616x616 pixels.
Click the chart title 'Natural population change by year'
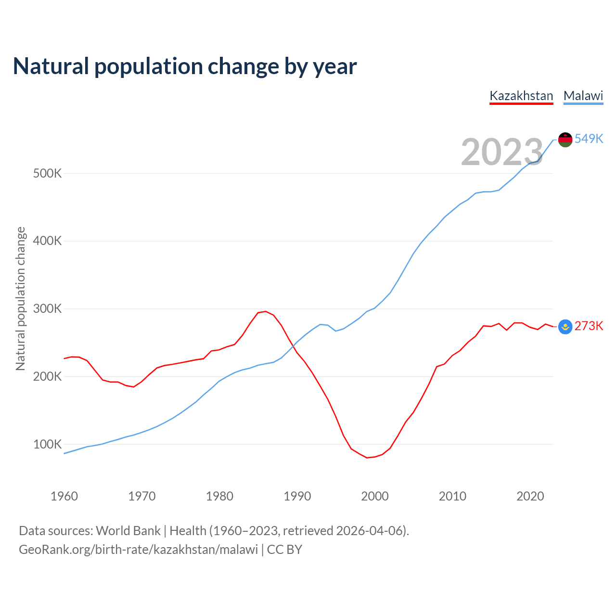(185, 66)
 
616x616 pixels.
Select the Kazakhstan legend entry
(521, 96)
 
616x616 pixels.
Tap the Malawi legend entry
(583, 96)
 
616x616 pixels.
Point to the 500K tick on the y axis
(48, 173)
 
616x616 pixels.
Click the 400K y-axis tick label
(48, 241)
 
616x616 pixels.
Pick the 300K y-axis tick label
(48, 308)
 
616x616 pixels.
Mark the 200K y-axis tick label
(48, 376)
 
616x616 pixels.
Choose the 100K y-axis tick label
(48, 444)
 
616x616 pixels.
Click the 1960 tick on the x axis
(64, 496)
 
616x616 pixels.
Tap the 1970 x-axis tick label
(142, 496)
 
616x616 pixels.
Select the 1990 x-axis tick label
(297, 496)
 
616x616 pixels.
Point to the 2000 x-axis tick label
(375, 496)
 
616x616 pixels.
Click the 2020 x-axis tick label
(530, 496)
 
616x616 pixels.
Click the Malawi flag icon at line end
(565, 140)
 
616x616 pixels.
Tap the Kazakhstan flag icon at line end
(565, 327)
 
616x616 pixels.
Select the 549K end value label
(589, 139)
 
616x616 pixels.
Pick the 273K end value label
(589, 326)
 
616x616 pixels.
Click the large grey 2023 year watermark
(502, 152)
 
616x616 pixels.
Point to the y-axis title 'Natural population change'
(21, 299)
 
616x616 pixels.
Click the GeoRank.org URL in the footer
(138, 550)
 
